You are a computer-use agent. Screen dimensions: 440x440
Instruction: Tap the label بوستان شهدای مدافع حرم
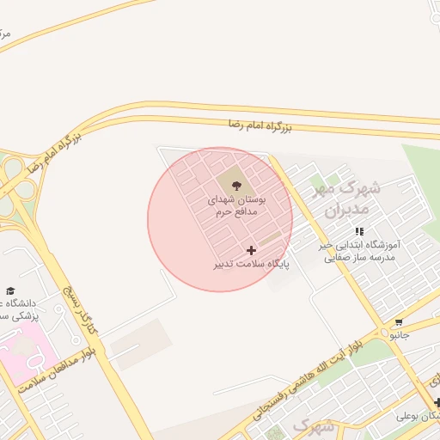pyautogui.click(x=238, y=204)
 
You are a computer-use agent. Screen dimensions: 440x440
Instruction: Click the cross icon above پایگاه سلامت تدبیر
pyautogui.click(x=251, y=250)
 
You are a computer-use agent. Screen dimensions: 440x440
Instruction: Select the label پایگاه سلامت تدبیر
pyautogui.click(x=252, y=264)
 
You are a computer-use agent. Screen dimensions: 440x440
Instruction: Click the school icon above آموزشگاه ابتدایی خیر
pyautogui.click(x=359, y=231)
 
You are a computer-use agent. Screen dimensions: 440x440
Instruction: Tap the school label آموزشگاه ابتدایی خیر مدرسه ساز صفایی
pyautogui.click(x=359, y=250)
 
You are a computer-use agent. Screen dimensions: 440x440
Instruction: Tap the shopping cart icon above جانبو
pyautogui.click(x=398, y=323)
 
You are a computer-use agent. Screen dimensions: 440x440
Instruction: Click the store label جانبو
pyautogui.click(x=398, y=336)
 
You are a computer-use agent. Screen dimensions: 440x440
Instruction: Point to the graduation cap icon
pyautogui.click(x=10, y=290)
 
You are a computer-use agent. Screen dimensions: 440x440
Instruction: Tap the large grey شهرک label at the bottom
pyautogui.click(x=313, y=425)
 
